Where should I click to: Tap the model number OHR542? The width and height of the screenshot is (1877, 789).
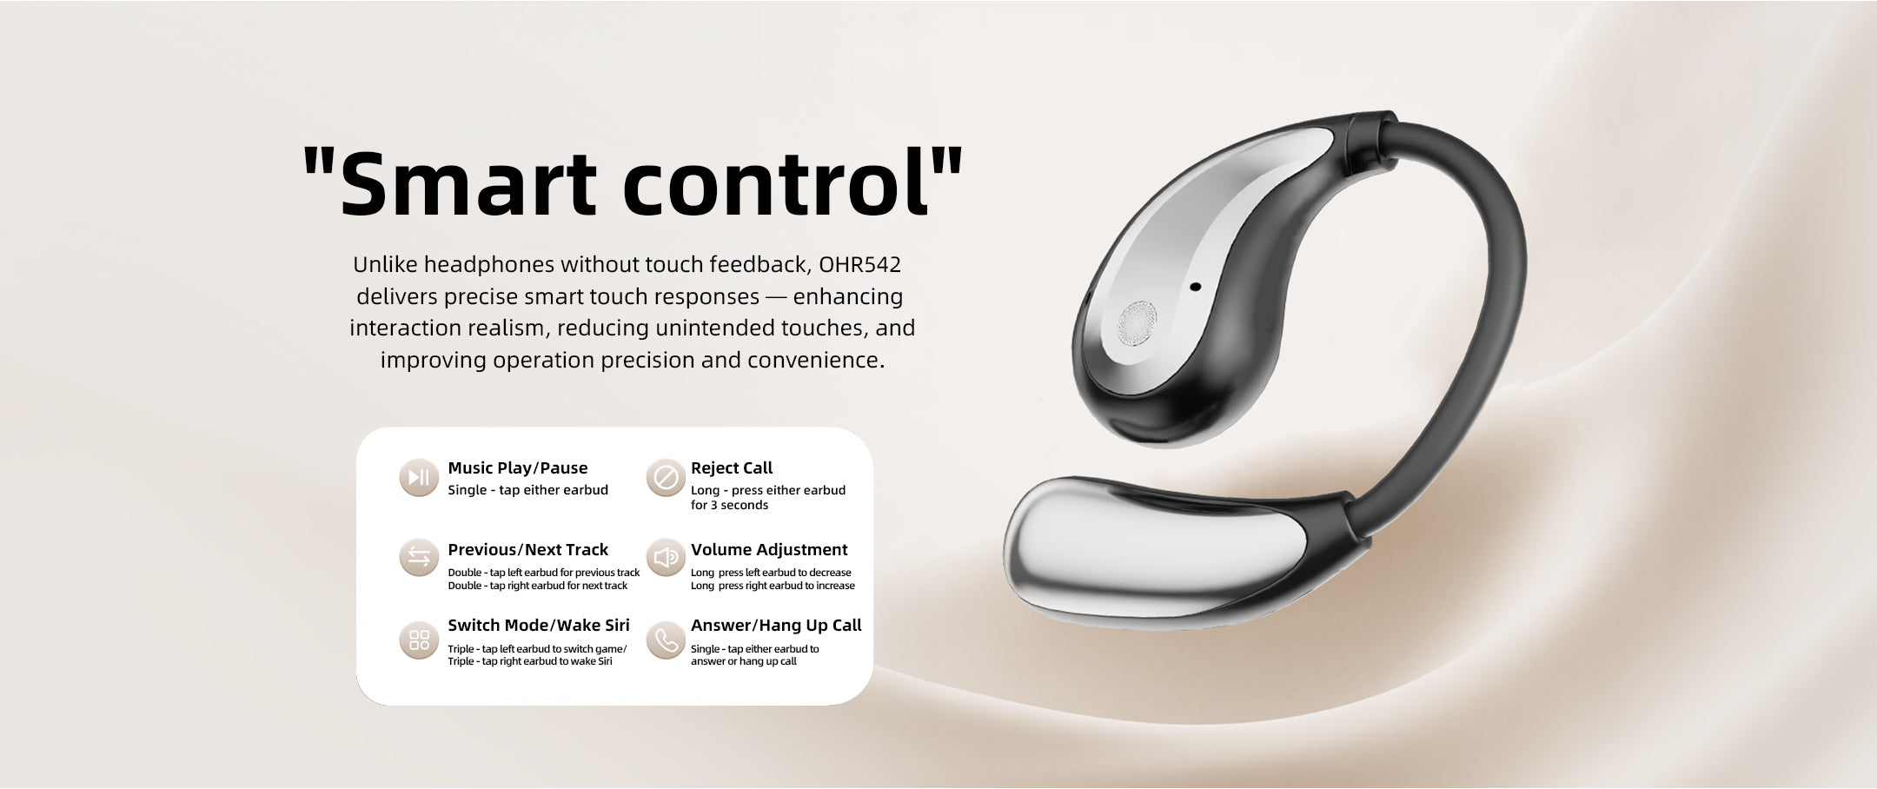(859, 264)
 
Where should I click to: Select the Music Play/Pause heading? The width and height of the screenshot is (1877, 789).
(517, 468)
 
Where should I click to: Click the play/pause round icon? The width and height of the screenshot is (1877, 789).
(419, 477)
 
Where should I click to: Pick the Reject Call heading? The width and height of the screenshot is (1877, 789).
(731, 468)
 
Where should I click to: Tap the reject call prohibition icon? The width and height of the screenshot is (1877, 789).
(666, 477)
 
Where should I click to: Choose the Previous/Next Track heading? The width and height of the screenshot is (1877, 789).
(527, 550)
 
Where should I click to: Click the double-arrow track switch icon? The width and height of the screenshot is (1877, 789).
(419, 557)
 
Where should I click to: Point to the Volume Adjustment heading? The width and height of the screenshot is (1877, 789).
(769, 550)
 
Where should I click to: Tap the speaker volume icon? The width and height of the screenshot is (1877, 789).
(666, 557)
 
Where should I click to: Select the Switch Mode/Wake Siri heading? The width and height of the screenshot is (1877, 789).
(539, 626)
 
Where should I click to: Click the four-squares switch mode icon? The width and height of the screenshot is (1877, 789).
(419, 640)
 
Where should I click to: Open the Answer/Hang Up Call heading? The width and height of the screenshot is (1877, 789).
(776, 626)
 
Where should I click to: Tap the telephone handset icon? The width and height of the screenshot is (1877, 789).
(666, 640)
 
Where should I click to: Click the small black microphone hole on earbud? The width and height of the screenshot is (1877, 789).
(1195, 287)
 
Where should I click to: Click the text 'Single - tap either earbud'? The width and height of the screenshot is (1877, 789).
(527, 490)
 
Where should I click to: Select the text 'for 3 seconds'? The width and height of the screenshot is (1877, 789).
(729, 506)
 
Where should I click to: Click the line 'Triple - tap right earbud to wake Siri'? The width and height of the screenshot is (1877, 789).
(530, 661)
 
